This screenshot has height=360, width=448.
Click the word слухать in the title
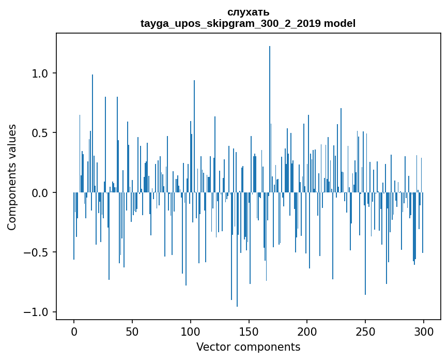[248, 12]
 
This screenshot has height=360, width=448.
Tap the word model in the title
[339, 24]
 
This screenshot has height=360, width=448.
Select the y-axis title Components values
[12, 177]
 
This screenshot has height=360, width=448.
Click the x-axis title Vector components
[248, 347]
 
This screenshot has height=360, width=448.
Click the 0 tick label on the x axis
[74, 331]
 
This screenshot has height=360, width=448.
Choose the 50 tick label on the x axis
[132, 331]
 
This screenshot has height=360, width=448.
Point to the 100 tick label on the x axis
[191, 331]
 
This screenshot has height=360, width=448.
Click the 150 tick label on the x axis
[249, 331]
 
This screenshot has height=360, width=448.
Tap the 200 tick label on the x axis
[307, 331]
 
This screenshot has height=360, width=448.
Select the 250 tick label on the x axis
[365, 331]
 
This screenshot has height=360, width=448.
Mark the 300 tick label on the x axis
[424, 331]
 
